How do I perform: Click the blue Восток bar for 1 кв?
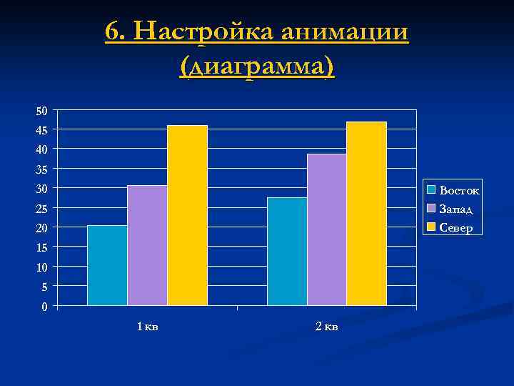click(x=107, y=266)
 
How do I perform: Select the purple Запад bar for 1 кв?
click(x=147, y=246)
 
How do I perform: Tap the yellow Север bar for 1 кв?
click(x=187, y=216)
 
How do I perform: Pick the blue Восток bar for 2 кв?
click(x=287, y=252)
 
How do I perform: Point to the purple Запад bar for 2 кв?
click(x=327, y=230)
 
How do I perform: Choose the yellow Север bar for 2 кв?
click(x=366, y=214)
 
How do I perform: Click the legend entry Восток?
click(x=459, y=190)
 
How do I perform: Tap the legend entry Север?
click(x=455, y=228)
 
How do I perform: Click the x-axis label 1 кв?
click(x=148, y=327)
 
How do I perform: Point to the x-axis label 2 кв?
click(x=327, y=327)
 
